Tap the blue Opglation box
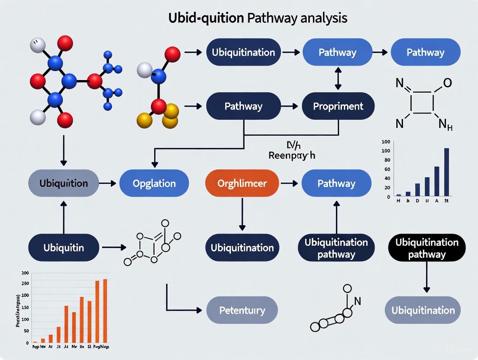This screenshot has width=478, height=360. [154, 183]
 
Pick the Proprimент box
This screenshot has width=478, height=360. [338, 106]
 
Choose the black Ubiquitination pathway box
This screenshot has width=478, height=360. [426, 248]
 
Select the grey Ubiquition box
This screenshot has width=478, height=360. [64, 183]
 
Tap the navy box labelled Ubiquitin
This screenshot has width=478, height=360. [64, 248]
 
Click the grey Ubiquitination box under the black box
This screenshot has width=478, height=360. [423, 310]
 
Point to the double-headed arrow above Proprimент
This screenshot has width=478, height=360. [338, 80]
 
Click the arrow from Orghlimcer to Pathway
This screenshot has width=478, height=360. [289, 183]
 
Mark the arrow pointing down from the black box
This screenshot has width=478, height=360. [426, 277]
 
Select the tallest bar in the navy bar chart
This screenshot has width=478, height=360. [446, 172]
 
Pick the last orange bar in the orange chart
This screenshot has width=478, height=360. [105, 310]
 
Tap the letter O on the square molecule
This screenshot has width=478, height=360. [448, 83]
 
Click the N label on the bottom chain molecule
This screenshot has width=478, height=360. [358, 301]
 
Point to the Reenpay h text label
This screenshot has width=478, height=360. [292, 155]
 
